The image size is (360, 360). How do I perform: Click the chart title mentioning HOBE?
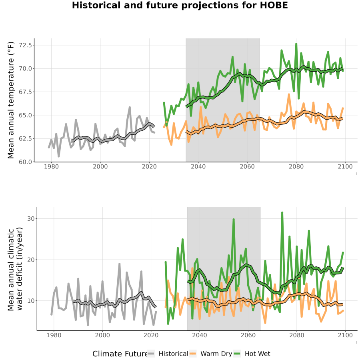tap(180, 5)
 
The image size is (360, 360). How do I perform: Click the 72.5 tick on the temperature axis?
tap(25, 45)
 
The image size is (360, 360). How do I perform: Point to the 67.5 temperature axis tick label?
tap(25, 92)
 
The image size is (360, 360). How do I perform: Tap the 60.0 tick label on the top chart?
tap(25, 162)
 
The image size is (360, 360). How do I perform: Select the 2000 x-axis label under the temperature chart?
tap(100, 166)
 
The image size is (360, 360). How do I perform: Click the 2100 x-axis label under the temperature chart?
tap(345, 166)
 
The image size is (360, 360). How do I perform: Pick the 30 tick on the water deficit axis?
tap(31, 218)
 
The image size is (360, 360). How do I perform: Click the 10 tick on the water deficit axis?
tap(31, 301)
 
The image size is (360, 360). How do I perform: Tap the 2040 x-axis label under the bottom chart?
tap(200, 335)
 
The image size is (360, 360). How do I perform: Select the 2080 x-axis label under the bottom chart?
tap(297, 335)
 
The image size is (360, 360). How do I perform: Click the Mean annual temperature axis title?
tap(11, 100)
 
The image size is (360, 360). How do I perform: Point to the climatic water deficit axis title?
tap(15, 269)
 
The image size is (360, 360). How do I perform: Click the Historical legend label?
tap(173, 354)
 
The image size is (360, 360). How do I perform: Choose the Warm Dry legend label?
tap(216, 354)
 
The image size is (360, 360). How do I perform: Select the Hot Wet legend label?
tap(257, 354)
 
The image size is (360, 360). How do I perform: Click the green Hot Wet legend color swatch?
tap(237, 354)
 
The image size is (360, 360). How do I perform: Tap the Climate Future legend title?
tap(120, 354)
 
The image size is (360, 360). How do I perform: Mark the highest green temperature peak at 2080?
tap(296, 44)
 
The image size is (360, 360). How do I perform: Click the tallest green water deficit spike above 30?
tap(282, 213)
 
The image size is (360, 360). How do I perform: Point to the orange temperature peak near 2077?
tap(289, 94)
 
